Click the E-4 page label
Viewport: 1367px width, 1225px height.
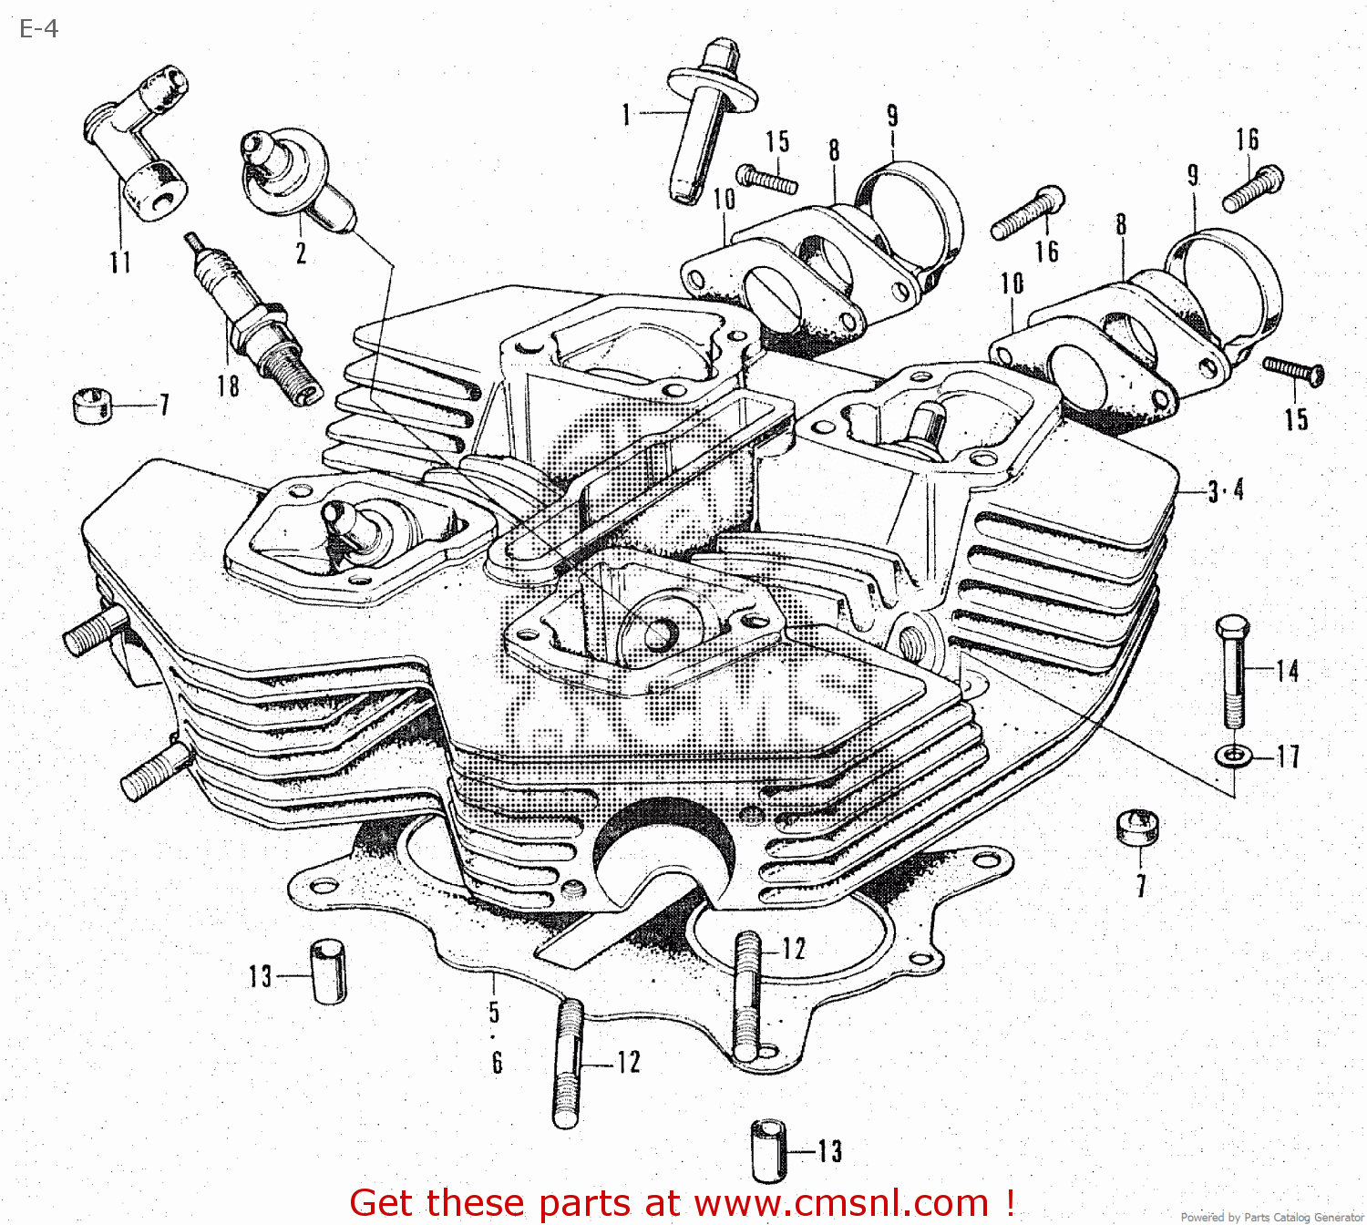point(38,29)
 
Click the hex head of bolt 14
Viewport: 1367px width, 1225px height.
point(1231,628)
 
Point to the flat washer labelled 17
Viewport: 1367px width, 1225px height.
point(1232,756)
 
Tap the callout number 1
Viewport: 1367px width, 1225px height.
point(626,115)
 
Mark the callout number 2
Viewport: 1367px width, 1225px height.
point(301,253)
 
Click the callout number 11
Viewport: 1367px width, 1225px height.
point(120,262)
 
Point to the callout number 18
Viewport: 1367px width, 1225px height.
point(228,386)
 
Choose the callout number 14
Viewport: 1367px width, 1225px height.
point(1287,672)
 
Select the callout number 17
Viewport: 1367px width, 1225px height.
point(1287,757)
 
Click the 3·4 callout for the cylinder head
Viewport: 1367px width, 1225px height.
point(1226,491)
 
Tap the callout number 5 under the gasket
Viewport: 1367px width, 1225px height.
point(494,1012)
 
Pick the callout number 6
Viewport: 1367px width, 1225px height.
point(497,1063)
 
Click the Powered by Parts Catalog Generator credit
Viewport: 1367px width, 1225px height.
point(1272,1217)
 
